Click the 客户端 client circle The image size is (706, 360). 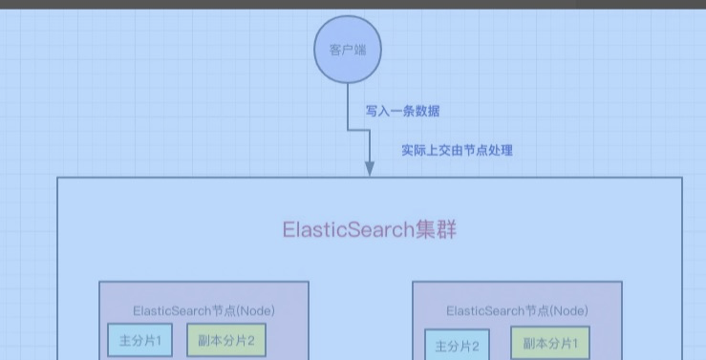tap(348, 50)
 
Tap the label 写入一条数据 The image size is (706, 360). tap(402, 111)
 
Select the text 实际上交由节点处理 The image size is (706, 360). tap(457, 150)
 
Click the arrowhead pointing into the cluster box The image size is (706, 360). tap(370, 169)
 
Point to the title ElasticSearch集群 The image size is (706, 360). tap(369, 229)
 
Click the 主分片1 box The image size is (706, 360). tap(140, 340)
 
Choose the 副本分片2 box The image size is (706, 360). tap(226, 340)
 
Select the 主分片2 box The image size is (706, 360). tap(457, 346)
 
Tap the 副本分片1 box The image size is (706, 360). tap(550, 344)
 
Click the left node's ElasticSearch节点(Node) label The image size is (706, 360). tap(203, 311)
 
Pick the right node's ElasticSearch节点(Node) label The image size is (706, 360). tap(517, 311)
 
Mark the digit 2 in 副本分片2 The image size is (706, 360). tap(251, 341)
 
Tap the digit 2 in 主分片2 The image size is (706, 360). tap(475, 346)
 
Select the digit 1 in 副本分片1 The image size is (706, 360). tap(574, 344)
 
